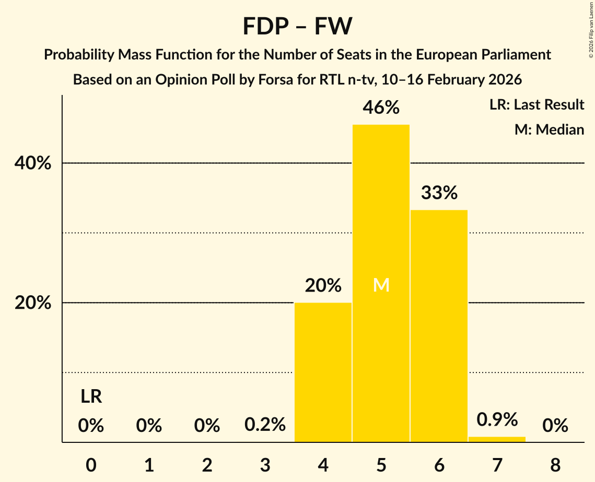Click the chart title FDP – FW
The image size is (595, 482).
(297, 26)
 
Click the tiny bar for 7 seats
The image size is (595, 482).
(497, 439)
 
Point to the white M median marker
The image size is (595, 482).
(381, 285)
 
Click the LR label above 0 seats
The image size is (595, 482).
(91, 397)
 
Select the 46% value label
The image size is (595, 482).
(381, 107)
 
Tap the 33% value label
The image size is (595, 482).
(439, 193)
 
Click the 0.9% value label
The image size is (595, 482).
(497, 419)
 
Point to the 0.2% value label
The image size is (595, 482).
(265, 425)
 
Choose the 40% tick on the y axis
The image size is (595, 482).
(33, 163)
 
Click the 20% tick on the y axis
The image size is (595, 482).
(33, 303)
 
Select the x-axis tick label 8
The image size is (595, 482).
(555, 465)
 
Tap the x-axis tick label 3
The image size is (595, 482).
(265, 465)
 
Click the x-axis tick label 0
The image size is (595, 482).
(91, 465)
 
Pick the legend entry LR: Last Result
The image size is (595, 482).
(536, 105)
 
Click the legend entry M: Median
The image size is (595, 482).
(549, 129)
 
